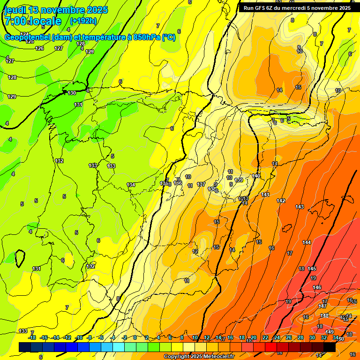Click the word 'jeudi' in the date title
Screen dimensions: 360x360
coord(15,10)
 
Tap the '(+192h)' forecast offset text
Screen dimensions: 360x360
coord(83,21)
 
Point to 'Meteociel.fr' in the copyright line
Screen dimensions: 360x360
coord(217,357)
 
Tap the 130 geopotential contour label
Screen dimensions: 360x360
coord(72,93)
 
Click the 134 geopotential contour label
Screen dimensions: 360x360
coord(131,185)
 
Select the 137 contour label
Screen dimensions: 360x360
coord(201,184)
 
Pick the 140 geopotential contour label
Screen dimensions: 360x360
coord(256,176)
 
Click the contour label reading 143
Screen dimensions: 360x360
coord(300,207)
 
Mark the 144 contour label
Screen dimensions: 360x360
coord(307,242)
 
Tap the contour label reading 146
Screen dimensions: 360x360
coord(317,287)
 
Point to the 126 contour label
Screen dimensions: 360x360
coord(40,48)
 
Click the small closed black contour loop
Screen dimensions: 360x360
coord(20,258)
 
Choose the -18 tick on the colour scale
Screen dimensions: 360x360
coord(32,337)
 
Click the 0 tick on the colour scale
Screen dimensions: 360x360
coord(135,337)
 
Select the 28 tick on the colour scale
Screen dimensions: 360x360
coord(300,337)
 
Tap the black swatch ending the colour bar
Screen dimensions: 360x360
coord(330,347)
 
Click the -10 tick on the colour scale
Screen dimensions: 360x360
coord(79,337)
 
